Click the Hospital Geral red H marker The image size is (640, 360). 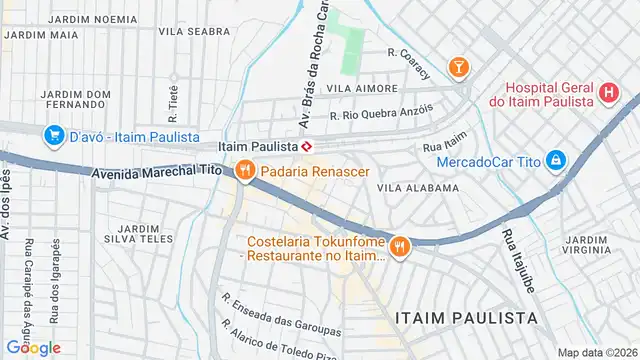pyautogui.click(x=608, y=93)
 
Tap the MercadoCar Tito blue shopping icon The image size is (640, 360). pyautogui.click(x=556, y=161)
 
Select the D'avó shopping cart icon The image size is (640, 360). pyautogui.click(x=53, y=135)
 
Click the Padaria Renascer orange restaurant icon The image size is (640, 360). pyautogui.click(x=244, y=171)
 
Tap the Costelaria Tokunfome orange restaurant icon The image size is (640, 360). pyautogui.click(x=400, y=246)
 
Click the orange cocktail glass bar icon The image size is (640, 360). pyautogui.click(x=458, y=67)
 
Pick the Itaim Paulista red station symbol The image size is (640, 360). pyautogui.click(x=308, y=147)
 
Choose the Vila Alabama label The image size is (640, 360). pyautogui.click(x=418, y=187)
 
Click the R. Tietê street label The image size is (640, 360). pyautogui.click(x=172, y=100)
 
